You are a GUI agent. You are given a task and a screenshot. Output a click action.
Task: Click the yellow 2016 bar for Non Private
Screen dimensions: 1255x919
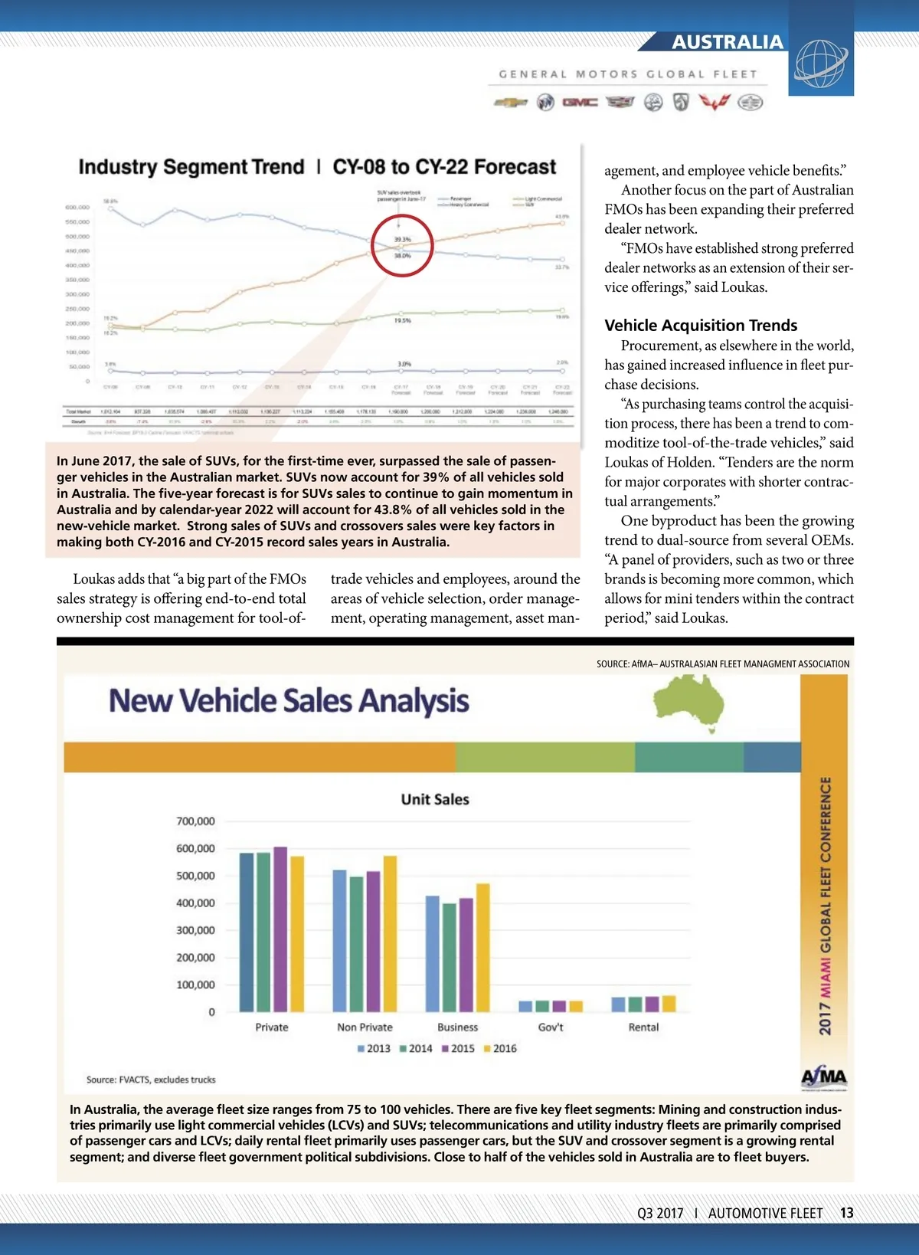coord(390,934)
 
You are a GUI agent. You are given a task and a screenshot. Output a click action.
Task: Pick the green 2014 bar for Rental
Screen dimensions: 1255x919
coord(635,1004)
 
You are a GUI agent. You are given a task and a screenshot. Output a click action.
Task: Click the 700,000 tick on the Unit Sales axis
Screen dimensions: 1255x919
coord(195,821)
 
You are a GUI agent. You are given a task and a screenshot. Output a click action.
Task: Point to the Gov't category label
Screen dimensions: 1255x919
coord(551,1027)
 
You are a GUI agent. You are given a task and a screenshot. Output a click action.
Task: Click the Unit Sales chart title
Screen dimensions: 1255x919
coord(435,799)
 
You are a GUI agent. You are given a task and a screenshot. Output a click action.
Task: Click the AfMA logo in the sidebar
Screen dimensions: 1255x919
coord(824,1077)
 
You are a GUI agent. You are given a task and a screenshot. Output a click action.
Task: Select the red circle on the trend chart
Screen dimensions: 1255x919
coord(402,246)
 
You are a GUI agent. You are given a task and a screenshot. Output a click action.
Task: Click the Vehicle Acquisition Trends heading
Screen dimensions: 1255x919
coord(701,325)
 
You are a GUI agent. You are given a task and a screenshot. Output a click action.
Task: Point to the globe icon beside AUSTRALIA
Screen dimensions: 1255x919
coord(820,63)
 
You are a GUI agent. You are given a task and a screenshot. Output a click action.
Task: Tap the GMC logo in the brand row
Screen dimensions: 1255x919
coord(580,102)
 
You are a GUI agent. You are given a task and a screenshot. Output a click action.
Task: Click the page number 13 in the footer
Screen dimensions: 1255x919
coord(846,1213)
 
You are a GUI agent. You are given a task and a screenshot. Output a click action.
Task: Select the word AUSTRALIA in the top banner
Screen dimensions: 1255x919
coord(728,42)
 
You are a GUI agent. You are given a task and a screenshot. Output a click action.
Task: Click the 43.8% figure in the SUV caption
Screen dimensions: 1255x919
coord(395,510)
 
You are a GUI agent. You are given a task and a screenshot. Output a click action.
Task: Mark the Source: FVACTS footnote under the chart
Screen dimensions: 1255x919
coord(151,1080)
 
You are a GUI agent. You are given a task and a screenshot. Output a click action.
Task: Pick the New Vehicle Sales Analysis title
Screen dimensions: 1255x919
coord(289,701)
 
